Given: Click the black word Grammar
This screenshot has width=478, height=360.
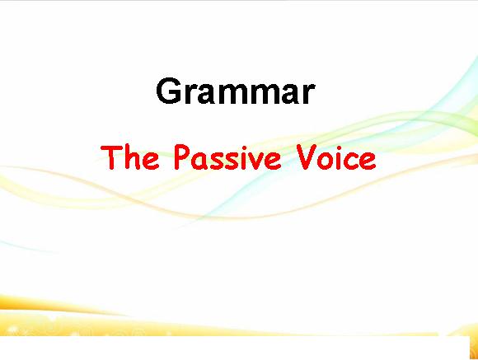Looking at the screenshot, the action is [x=236, y=91].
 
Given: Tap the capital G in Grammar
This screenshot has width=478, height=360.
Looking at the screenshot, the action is [x=169, y=91].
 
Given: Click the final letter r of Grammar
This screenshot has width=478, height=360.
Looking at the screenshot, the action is [x=309, y=94].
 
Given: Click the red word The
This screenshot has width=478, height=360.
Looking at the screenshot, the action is [x=130, y=157].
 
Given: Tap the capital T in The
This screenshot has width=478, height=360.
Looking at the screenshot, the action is [x=111, y=157].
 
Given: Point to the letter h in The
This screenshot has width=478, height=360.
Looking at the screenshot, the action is [x=133, y=157].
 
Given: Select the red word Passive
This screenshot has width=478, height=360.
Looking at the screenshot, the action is [x=227, y=157].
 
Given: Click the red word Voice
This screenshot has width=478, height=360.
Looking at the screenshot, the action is [x=336, y=157].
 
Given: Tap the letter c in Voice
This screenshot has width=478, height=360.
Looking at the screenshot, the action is [x=350, y=161].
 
